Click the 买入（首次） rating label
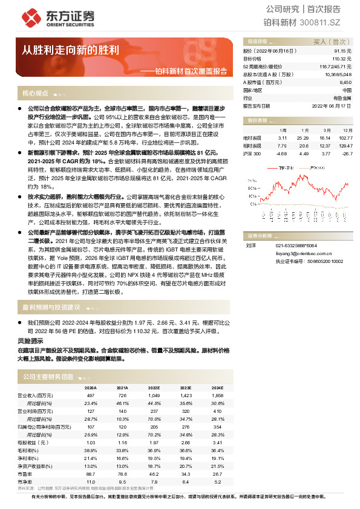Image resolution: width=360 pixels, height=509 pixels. click(332, 42)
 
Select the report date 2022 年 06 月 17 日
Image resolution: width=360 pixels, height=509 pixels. click(332, 105)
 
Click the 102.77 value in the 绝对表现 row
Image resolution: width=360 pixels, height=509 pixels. click(345, 138)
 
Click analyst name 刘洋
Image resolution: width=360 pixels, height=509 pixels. click(250, 245)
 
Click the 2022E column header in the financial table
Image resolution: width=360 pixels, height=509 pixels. click(154, 387)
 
